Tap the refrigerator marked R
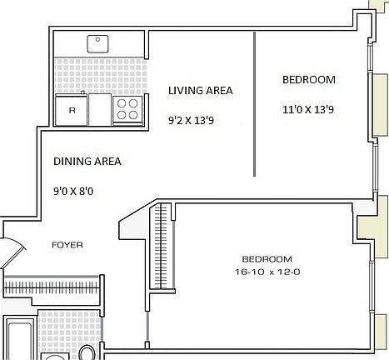point(72,108)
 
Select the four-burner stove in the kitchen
point(127,109)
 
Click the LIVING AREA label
point(200,91)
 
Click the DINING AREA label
point(87,162)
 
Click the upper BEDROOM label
point(308,80)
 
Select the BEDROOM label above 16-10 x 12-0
point(267,258)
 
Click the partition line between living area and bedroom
point(254,104)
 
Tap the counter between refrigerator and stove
point(99,108)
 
